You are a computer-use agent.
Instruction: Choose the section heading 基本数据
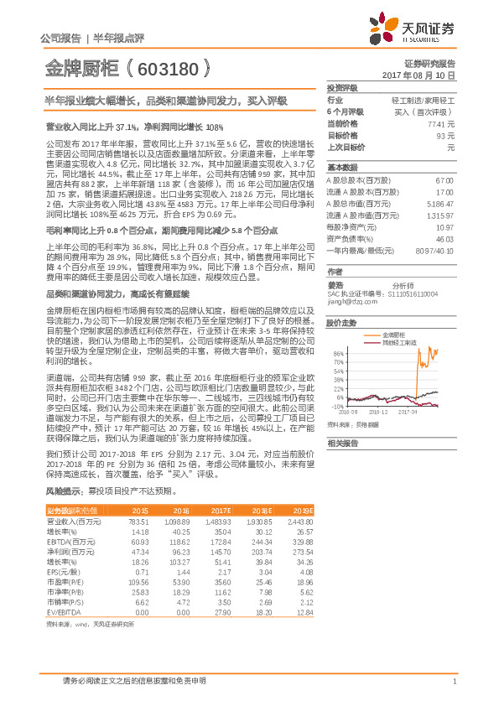click(341, 167)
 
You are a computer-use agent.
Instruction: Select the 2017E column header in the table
click(221, 510)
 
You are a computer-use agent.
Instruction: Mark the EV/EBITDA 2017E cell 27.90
click(222, 612)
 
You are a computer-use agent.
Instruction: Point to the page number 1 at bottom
click(453, 682)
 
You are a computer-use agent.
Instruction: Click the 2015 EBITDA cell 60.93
click(139, 541)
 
